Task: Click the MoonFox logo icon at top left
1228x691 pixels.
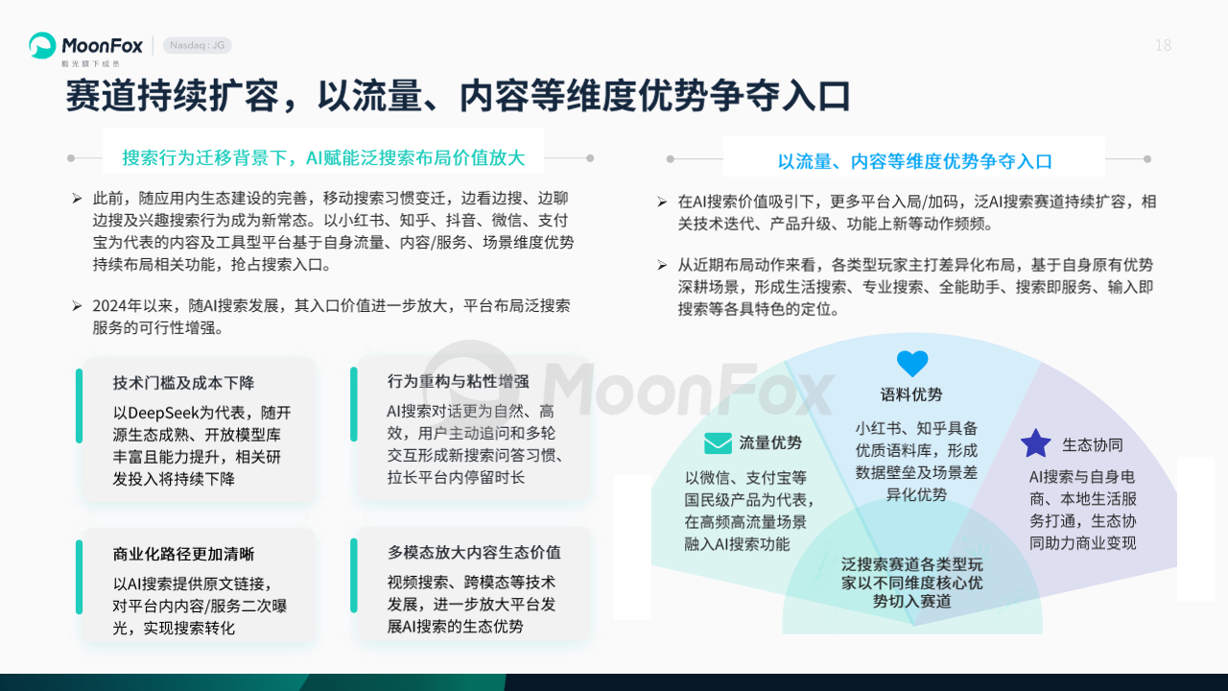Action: pyautogui.click(x=42, y=45)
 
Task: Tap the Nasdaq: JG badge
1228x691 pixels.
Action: pyautogui.click(x=198, y=45)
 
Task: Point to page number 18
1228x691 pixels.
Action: pyautogui.click(x=1163, y=45)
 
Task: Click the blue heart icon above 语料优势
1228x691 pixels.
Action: pyautogui.click(x=912, y=364)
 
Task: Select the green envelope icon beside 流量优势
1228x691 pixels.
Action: pyautogui.click(x=718, y=443)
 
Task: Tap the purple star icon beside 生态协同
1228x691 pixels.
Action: pyautogui.click(x=1035, y=443)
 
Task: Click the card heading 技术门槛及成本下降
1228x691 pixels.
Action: pyautogui.click(x=183, y=383)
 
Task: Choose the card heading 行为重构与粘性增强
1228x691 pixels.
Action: pyautogui.click(x=459, y=382)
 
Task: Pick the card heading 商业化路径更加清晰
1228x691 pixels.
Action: pyautogui.click(x=183, y=555)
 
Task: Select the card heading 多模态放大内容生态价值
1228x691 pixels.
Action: pyautogui.click(x=474, y=553)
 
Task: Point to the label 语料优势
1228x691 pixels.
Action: pyautogui.click(x=911, y=394)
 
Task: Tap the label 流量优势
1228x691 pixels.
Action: pyautogui.click(x=770, y=443)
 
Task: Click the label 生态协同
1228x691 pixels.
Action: pyautogui.click(x=1093, y=444)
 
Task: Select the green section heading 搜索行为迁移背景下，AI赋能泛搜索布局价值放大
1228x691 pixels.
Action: pyautogui.click(x=323, y=158)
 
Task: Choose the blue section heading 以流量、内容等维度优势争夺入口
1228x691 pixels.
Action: pyautogui.click(x=915, y=161)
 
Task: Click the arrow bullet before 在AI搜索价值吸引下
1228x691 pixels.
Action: pyautogui.click(x=662, y=203)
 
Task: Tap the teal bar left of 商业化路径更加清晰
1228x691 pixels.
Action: pyautogui.click(x=79, y=577)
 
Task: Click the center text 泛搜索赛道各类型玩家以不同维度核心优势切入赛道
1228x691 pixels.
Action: pyautogui.click(x=912, y=583)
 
